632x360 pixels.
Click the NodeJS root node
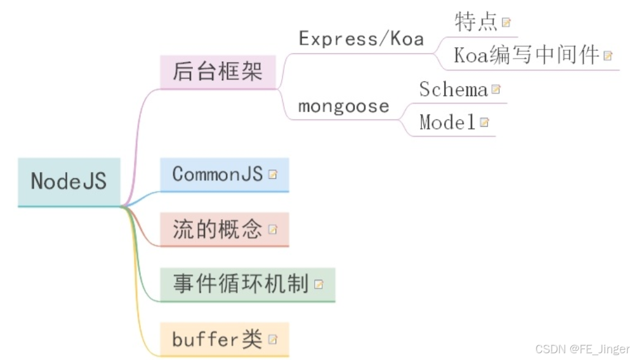coord(69,181)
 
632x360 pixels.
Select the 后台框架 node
coord(217,71)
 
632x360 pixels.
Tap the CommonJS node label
coord(217,174)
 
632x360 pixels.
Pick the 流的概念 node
coord(217,230)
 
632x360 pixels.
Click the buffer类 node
coord(217,339)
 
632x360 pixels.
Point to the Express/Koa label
coord(361,39)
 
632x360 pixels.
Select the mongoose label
coord(344,106)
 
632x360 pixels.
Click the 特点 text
coord(476,22)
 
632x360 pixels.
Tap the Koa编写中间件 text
coord(526,55)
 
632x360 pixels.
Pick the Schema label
coord(453,89)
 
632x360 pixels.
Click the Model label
coord(448,122)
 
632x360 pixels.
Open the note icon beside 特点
coord(506,23)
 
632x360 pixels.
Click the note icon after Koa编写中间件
coord(608,56)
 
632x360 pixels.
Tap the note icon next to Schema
coord(495,89)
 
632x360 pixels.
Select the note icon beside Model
coord(484,122)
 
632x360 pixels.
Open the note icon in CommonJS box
coord(273,174)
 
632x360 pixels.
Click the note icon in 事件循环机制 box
coord(318,285)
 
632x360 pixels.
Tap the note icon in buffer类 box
coord(273,339)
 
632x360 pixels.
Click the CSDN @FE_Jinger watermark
coord(582,349)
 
